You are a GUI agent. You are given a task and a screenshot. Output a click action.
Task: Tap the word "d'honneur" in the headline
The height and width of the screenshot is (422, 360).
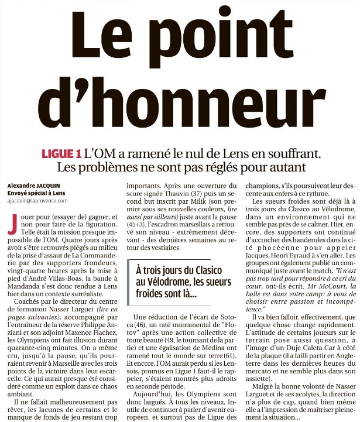181,108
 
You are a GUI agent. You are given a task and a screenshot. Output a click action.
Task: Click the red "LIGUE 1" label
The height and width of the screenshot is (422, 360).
61,154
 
